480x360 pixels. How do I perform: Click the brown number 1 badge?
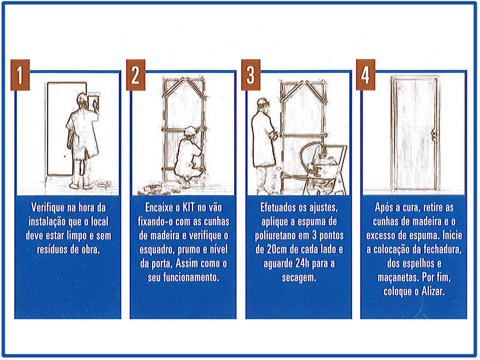(x=20, y=75)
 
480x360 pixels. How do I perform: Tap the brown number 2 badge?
(x=135, y=75)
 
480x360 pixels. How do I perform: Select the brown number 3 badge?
(x=251, y=75)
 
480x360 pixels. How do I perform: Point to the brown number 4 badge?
(x=366, y=75)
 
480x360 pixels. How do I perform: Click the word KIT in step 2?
(x=188, y=207)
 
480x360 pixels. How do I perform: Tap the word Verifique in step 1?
(x=48, y=208)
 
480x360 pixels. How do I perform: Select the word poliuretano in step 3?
(x=274, y=236)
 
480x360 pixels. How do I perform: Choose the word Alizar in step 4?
(x=433, y=291)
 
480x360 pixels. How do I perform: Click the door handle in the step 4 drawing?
(x=434, y=134)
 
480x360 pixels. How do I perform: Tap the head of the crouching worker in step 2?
(x=190, y=132)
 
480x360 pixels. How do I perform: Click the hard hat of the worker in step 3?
(x=262, y=101)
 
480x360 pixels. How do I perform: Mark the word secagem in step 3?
(x=299, y=278)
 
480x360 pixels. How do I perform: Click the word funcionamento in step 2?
(x=183, y=277)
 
